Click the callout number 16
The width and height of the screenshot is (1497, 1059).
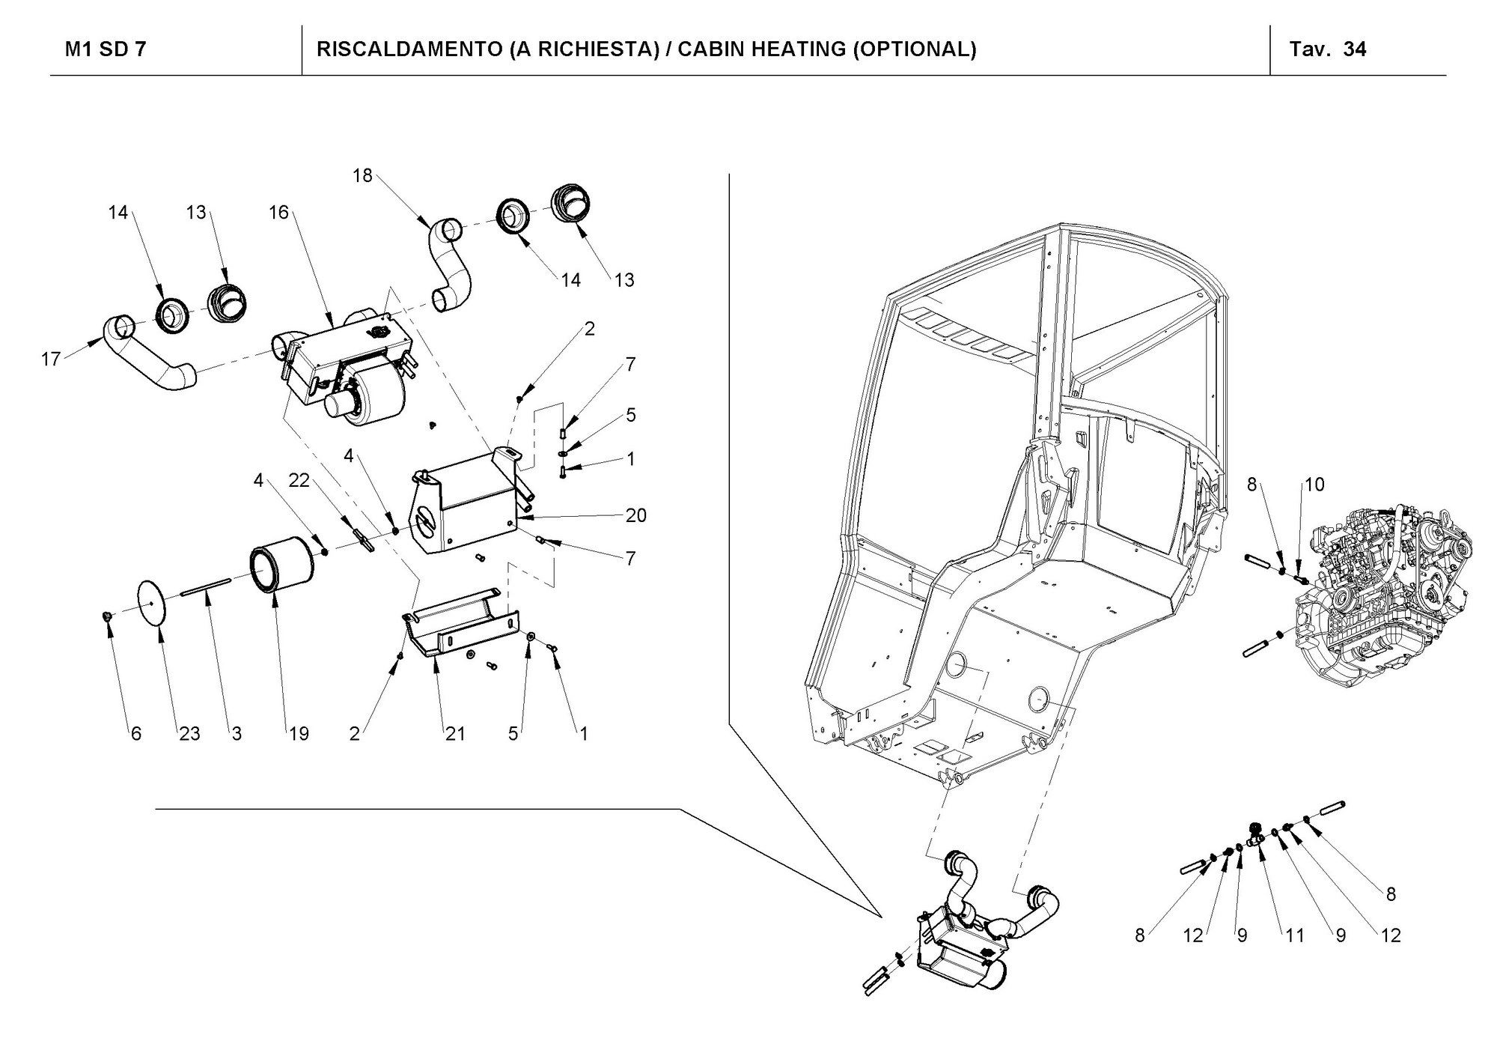[x=278, y=213]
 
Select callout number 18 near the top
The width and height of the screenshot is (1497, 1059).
[x=362, y=176]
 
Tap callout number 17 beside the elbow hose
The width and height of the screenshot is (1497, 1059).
[x=50, y=359]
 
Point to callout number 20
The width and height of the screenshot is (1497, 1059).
[x=636, y=515]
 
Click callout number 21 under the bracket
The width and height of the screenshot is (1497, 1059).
[x=455, y=734]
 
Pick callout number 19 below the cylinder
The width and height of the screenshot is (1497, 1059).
[x=299, y=734]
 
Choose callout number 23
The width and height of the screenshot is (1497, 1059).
[x=189, y=734]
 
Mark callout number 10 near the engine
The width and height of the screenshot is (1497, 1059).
[x=1314, y=485]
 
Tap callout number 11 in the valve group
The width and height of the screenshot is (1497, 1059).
[x=1295, y=935]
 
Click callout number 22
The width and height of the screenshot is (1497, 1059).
[x=299, y=480]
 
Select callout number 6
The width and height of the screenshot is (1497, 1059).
[x=135, y=734]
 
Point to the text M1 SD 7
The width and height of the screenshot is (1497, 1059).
[x=106, y=49]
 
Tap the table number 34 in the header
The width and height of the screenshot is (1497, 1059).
[x=1355, y=49]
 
